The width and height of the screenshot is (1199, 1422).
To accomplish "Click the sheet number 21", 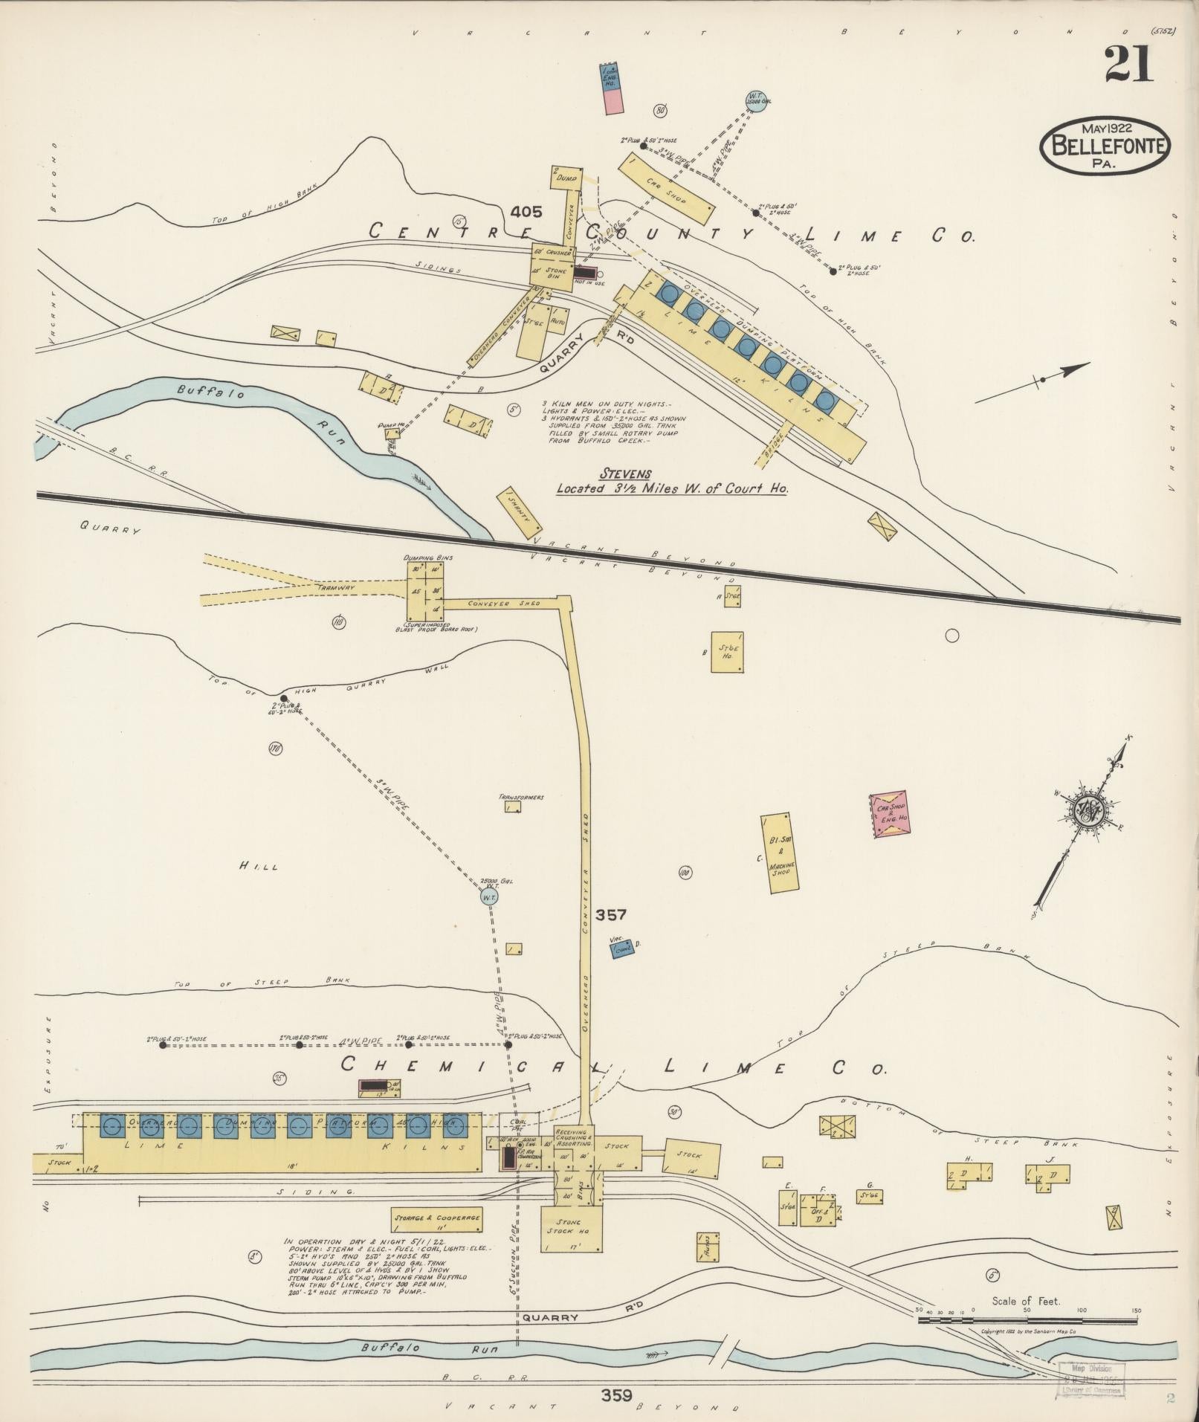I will [1128, 65].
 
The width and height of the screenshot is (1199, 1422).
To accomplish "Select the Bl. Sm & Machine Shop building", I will [780, 852].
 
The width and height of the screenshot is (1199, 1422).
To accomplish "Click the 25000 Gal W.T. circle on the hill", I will [488, 897].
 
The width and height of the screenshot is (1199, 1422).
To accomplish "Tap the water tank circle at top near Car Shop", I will [756, 100].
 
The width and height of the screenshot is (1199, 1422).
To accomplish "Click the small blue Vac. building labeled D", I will [622, 948].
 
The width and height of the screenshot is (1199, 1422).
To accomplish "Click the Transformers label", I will [521, 798].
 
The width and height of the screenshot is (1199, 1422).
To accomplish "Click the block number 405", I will [526, 212].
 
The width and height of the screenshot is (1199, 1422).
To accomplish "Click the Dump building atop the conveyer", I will [564, 177].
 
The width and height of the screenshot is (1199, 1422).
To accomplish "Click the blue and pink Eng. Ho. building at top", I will [612, 88].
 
